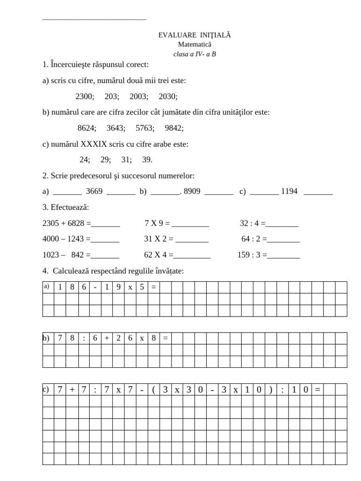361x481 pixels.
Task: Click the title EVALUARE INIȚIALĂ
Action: tap(195, 35)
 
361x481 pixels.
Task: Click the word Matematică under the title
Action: tap(195, 44)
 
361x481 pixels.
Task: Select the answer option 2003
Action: tap(139, 96)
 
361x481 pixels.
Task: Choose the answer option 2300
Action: tap(85, 96)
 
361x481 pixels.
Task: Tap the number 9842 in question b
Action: tap(174, 128)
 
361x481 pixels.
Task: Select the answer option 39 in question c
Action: tap(147, 160)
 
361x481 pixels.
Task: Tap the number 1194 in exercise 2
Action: tap(289, 192)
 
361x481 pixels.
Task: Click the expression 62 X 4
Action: tap(156, 256)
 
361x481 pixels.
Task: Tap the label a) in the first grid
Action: tap(46, 286)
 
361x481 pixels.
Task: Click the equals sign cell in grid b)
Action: tap(165, 338)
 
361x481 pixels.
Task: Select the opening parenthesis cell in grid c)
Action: tap(154, 389)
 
